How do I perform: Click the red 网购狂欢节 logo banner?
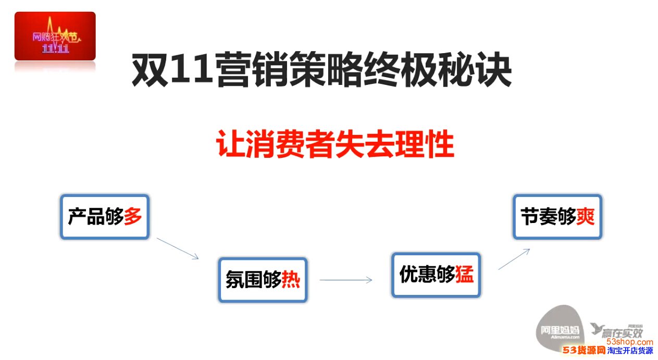tap(55, 36)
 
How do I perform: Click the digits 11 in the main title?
tap(192, 70)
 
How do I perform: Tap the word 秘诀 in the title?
tap(475, 70)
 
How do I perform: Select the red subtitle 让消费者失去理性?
tap(335, 144)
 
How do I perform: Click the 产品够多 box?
tap(105, 217)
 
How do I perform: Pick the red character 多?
tap(133, 216)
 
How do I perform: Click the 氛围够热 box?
tap(263, 280)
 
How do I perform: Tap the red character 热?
tap(291, 280)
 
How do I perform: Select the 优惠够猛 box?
tap(436, 275)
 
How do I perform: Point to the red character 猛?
tap(464, 274)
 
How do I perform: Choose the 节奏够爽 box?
tap(558, 217)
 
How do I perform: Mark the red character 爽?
tap(586, 216)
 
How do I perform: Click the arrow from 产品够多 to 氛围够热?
tap(178, 249)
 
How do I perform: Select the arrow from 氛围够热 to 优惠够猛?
tap(346, 280)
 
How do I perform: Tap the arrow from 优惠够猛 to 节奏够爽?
tap(514, 259)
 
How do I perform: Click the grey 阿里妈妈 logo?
tap(560, 328)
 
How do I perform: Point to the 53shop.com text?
tap(629, 342)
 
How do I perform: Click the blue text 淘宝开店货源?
tap(630, 351)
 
